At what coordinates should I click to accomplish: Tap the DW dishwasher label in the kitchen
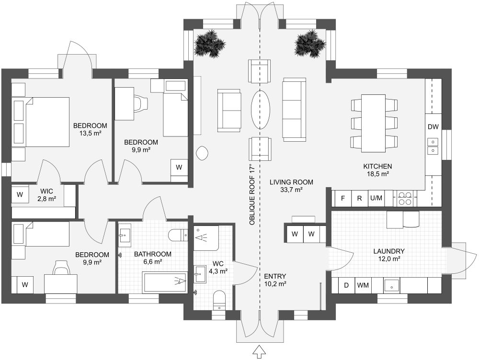tap(433, 127)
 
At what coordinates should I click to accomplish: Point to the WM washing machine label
tap(363, 285)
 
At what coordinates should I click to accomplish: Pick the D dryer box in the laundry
tap(346, 285)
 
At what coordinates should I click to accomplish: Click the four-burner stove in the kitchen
tap(405, 198)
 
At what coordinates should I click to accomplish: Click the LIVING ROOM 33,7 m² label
tap(291, 186)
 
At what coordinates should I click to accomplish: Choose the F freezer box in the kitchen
tap(342, 198)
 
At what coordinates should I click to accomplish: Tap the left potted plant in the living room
tap(210, 43)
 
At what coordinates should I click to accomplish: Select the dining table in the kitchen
tap(374, 123)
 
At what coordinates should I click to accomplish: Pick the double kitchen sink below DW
tap(433, 146)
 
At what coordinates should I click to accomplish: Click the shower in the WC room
tap(206, 237)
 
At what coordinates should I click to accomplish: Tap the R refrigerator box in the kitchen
tap(359, 198)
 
